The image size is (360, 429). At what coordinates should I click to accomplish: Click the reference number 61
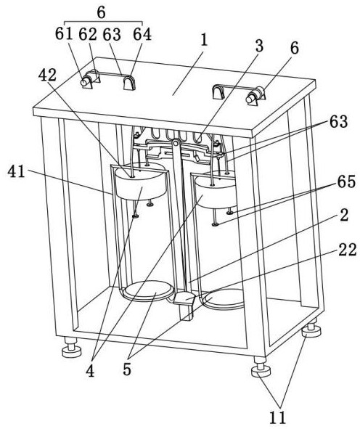[64, 34]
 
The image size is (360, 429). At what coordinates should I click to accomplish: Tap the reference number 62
[88, 34]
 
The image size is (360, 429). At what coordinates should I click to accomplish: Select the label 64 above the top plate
[142, 34]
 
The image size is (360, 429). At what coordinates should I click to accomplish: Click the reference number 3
[259, 46]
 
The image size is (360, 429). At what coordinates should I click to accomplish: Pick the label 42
[47, 75]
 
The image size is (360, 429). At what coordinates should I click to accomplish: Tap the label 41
[17, 172]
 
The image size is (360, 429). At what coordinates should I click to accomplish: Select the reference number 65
[346, 181]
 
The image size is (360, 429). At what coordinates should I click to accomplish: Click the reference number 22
[348, 250]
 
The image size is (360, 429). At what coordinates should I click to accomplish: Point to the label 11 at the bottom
[278, 417]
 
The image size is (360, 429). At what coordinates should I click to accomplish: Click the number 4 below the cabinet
[90, 371]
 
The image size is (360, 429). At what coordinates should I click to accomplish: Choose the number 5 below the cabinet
[127, 369]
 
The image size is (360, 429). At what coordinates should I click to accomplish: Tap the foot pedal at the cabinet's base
[184, 298]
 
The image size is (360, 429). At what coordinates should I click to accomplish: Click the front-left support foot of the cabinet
[72, 348]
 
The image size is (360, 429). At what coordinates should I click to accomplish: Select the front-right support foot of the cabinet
[261, 367]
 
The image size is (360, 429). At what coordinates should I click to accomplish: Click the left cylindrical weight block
[142, 182]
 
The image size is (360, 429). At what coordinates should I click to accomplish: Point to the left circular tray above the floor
[148, 290]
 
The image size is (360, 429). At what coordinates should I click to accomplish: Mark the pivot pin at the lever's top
[176, 142]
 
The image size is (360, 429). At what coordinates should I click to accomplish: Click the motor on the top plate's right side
[255, 96]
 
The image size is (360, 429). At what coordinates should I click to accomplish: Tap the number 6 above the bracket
[295, 49]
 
